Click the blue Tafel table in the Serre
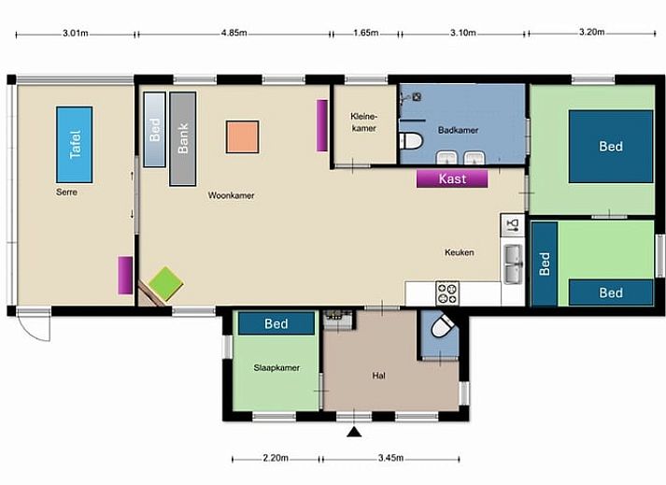click(75, 145)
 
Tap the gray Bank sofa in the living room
click(183, 137)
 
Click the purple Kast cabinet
click(452, 178)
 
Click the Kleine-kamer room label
click(363, 121)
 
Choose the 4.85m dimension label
click(234, 33)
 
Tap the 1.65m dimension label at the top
click(365, 33)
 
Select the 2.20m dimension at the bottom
click(275, 458)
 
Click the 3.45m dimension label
click(390, 458)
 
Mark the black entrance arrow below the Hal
click(353, 431)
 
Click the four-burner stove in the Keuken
click(447, 293)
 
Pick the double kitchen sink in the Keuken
click(513, 263)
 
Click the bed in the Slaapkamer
click(276, 324)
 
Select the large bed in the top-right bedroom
click(611, 147)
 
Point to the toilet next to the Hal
click(440, 332)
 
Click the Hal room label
click(378, 376)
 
